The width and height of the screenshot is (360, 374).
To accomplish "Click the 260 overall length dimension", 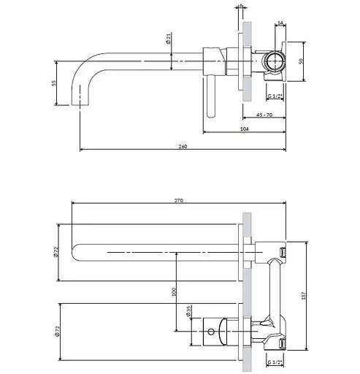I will [x=183, y=147].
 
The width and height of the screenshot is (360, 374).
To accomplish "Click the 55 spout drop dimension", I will [x=54, y=83].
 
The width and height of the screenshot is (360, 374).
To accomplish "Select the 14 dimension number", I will [x=281, y=25].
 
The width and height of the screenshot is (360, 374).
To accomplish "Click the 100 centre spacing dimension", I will [x=173, y=291].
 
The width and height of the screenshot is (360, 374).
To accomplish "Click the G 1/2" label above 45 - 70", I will [x=275, y=96].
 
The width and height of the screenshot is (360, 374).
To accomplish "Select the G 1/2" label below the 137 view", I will [x=275, y=363].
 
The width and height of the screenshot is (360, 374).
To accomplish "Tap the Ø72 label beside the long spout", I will [x=56, y=252].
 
